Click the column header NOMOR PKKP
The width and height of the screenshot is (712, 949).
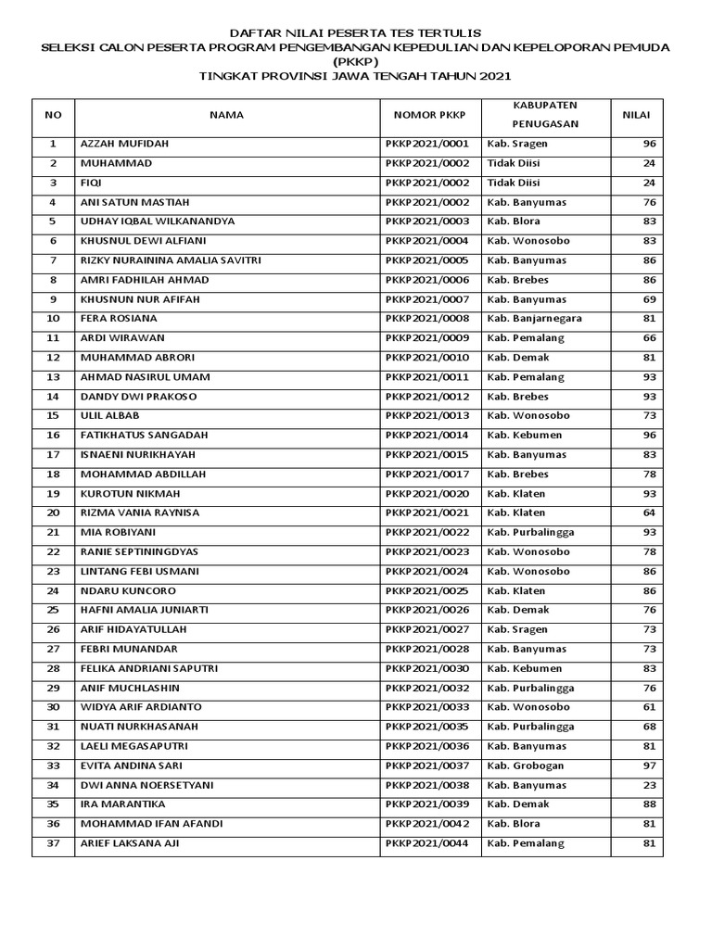pos(430,115)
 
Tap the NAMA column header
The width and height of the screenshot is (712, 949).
pos(226,115)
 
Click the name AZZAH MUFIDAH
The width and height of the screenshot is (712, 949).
pos(124,144)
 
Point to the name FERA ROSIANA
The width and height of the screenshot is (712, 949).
pos(118,319)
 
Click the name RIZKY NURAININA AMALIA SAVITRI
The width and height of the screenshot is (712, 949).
pos(171,260)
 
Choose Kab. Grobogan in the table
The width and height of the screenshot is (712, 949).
pos(525,766)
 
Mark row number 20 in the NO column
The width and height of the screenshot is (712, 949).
pos(53,512)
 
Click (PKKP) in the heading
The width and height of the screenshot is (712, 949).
pos(356,62)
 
